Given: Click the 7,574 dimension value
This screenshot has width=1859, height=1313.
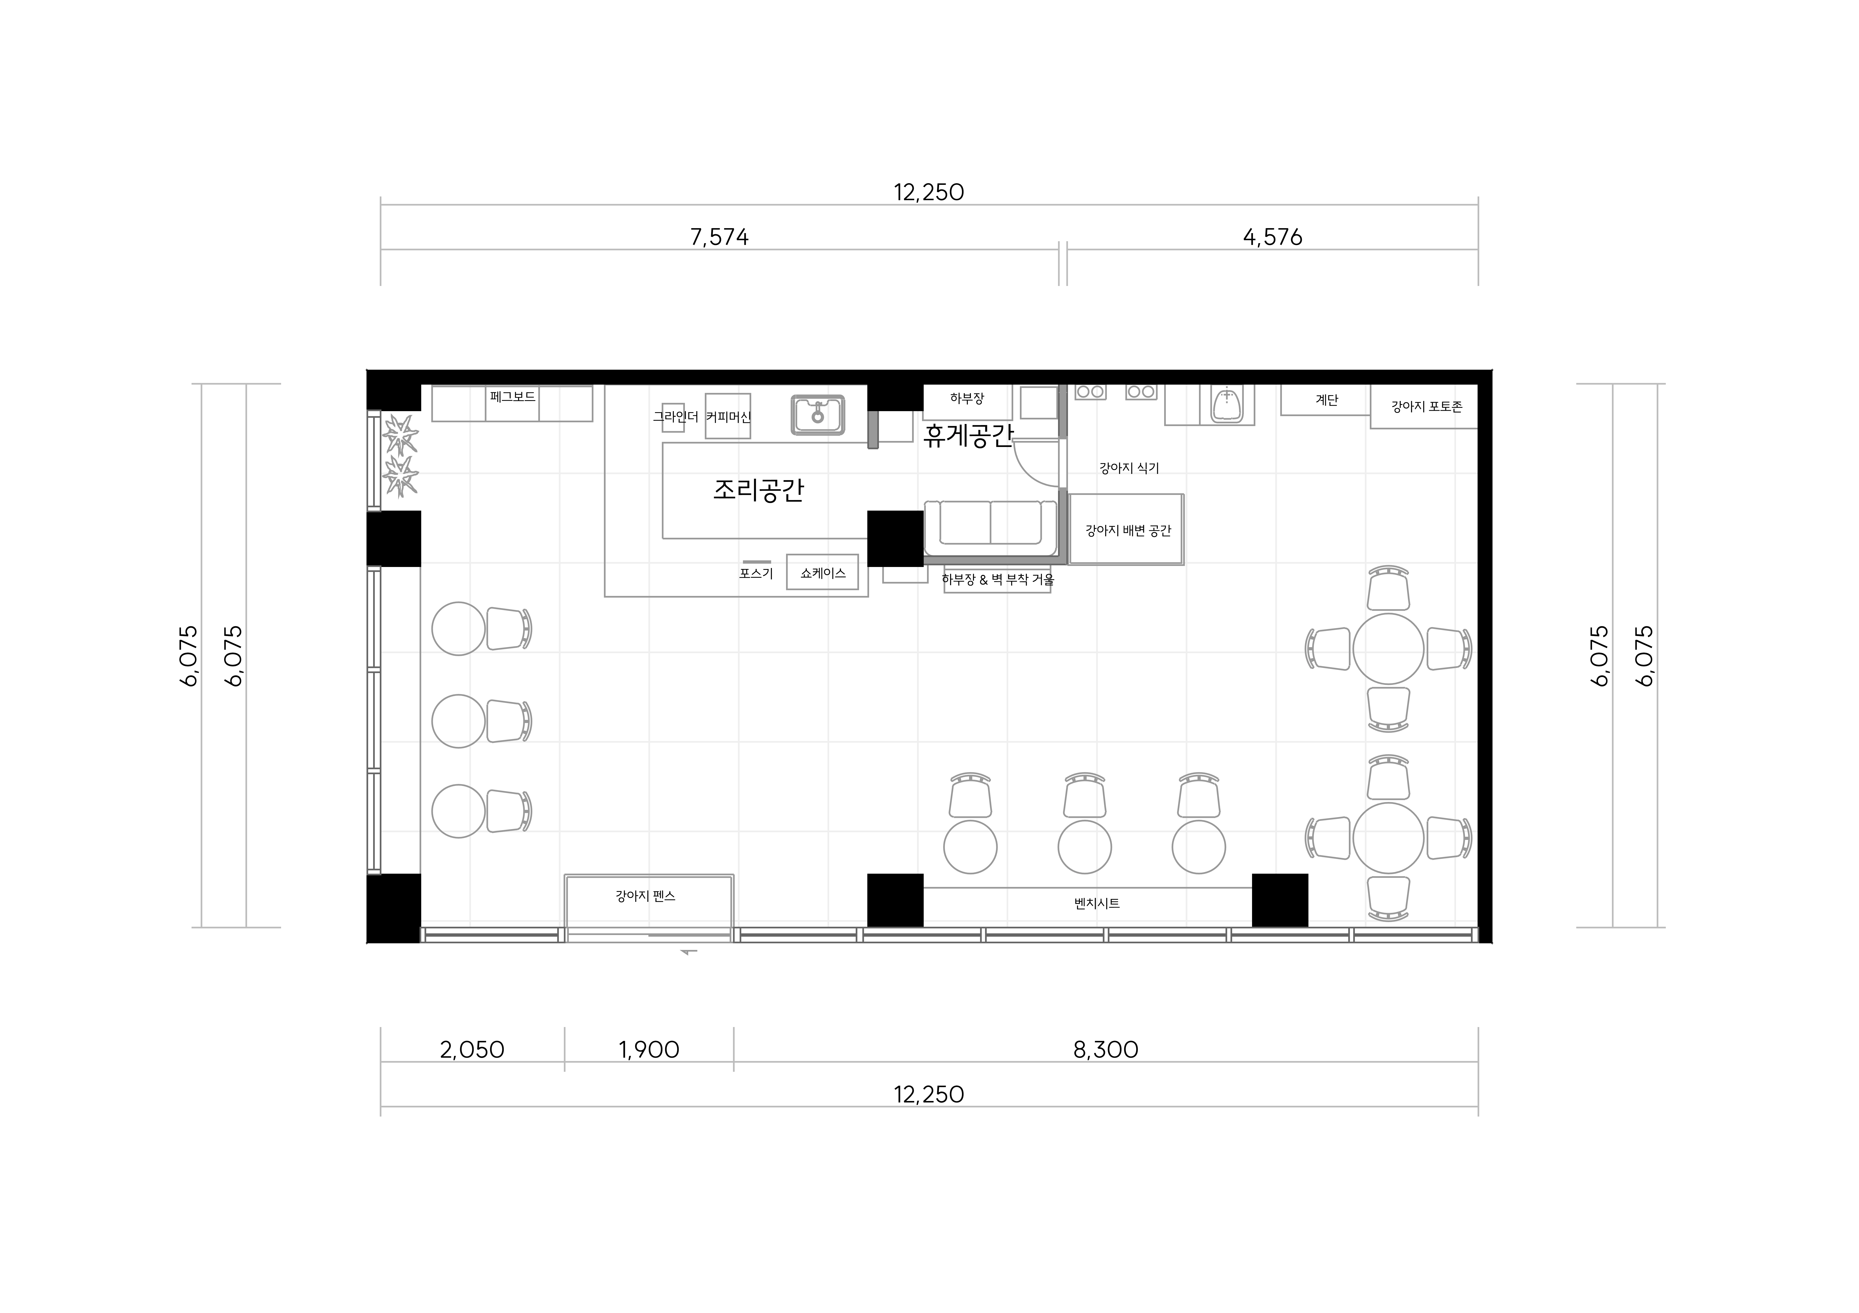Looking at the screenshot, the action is tap(719, 237).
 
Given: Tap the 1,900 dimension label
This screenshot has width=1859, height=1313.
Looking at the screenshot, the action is tap(649, 1050).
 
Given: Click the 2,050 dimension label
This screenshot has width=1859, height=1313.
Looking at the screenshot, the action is tap(472, 1050).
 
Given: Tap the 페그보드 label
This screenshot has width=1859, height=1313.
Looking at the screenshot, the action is tap(512, 397).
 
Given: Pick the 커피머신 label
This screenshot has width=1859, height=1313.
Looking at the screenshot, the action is tap(728, 417).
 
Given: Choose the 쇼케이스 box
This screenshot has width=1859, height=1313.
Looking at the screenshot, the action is tap(823, 572).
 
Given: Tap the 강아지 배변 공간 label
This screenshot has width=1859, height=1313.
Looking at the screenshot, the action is tap(1128, 531).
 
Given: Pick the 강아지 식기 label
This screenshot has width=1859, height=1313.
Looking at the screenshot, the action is tap(1129, 468).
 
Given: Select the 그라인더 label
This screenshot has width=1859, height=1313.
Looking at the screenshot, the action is tap(675, 417).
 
